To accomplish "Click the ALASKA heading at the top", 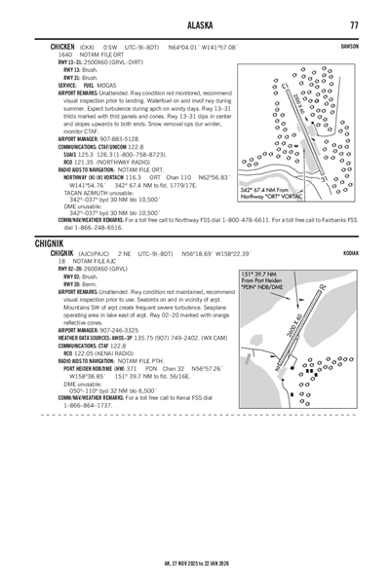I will [x=195, y=23].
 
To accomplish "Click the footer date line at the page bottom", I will [x=195, y=563].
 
